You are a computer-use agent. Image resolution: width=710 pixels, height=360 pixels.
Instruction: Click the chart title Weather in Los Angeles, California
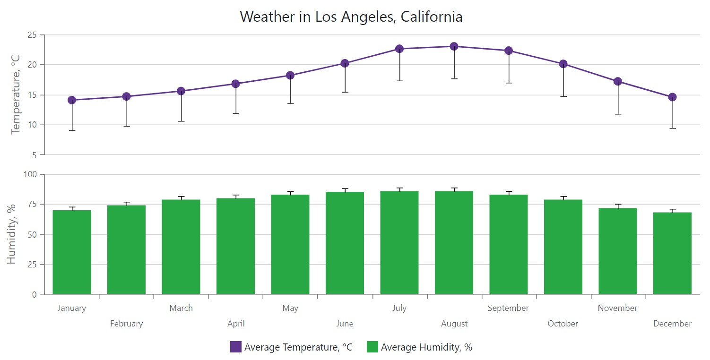pyautogui.click(x=351, y=17)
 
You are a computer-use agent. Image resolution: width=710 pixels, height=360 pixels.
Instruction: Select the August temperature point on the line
pyautogui.click(x=454, y=46)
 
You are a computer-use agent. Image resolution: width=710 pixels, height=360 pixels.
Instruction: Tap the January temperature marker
pyautogui.click(x=72, y=100)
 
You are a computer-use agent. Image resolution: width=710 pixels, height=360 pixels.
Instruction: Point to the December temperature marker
pyautogui.click(x=672, y=97)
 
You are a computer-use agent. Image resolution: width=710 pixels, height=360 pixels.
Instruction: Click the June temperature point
pyautogui.click(x=345, y=63)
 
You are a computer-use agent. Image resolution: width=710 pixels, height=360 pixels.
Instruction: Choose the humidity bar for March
pyautogui.click(x=181, y=247)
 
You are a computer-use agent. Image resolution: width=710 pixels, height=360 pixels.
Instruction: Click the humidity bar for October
pyautogui.click(x=563, y=247)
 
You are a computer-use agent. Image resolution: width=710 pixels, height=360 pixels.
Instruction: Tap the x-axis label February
pyautogui.click(x=126, y=324)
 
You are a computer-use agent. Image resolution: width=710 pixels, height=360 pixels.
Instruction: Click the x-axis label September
pyautogui.click(x=508, y=308)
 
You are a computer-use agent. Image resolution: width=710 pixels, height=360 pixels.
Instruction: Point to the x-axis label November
pyautogui.click(x=617, y=308)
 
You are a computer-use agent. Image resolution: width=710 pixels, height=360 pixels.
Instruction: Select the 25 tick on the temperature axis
pyautogui.click(x=32, y=34)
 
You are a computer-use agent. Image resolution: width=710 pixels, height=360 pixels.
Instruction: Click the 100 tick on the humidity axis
pyautogui.click(x=30, y=174)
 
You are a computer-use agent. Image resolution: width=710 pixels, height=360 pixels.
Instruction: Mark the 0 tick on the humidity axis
pyautogui.click(x=34, y=294)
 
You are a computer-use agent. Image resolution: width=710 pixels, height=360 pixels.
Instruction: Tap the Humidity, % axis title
pyautogui.click(x=12, y=234)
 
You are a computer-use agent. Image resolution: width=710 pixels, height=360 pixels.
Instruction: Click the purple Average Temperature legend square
pyautogui.click(x=236, y=347)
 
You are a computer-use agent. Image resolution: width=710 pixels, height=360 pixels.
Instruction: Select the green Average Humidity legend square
pyautogui.click(x=372, y=347)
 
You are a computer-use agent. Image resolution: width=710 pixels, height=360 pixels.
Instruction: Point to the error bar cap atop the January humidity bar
pyautogui.click(x=72, y=207)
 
